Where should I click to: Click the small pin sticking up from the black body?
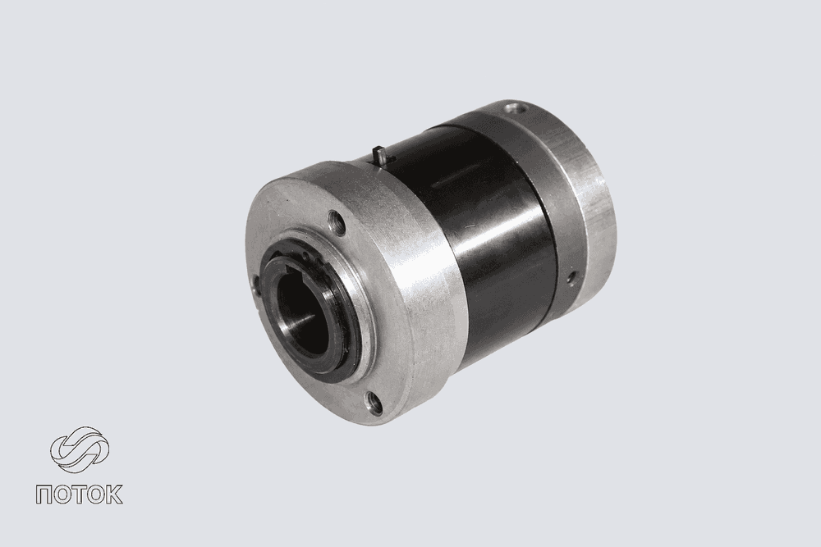381,156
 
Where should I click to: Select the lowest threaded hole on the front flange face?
374,403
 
